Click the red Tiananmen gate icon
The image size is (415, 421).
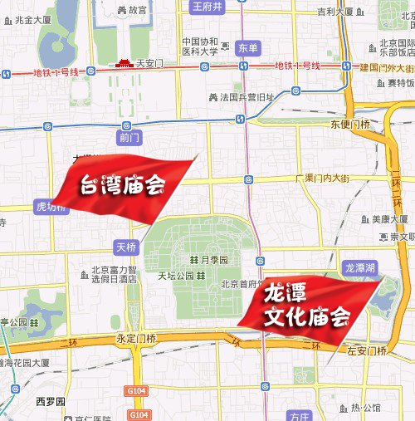coord(123,62)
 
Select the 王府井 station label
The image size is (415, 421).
coord(207,7)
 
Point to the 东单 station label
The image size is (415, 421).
coord(247,47)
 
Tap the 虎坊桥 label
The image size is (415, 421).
coord(50,205)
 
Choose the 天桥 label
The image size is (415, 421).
coord(124,247)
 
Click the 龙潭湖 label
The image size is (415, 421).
coord(360,267)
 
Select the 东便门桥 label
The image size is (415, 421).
coord(349,125)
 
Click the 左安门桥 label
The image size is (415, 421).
coord(366,350)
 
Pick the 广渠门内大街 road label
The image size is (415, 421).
coord(325,178)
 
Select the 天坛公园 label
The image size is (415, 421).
coord(164,275)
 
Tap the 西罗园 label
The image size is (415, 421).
coord(50,402)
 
